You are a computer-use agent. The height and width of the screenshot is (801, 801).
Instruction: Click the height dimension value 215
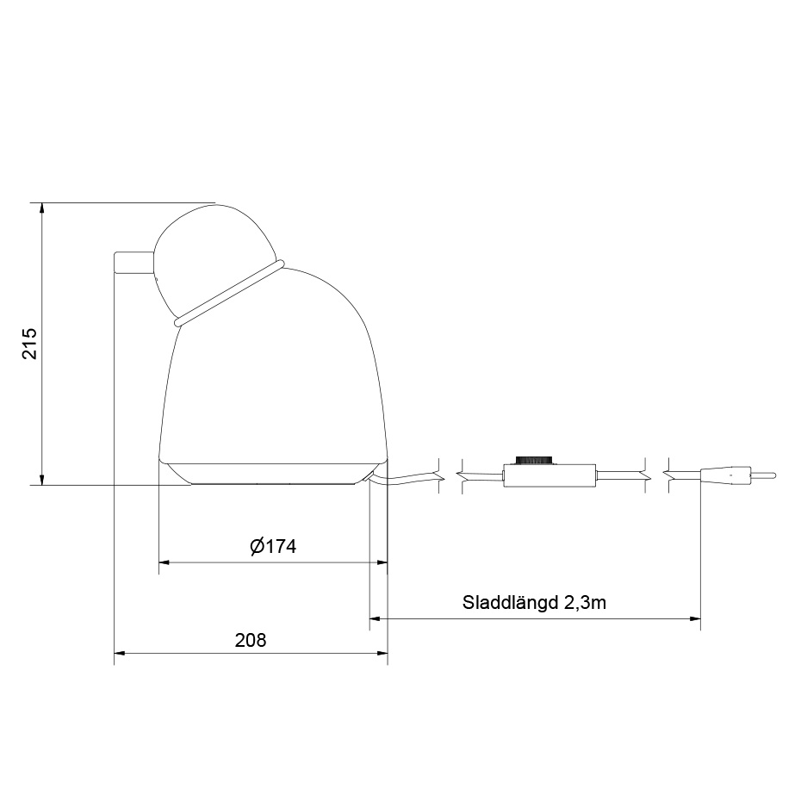(29, 344)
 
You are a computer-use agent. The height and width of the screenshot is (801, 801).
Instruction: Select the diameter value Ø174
(272, 546)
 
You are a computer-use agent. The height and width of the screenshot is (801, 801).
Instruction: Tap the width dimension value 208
(251, 640)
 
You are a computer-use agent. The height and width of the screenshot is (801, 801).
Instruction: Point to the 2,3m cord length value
(585, 602)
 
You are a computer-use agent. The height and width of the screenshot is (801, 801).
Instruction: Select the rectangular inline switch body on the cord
(549, 475)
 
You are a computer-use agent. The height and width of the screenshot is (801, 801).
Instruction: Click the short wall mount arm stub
(134, 263)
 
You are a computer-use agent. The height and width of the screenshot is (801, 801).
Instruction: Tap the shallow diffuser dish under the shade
(271, 474)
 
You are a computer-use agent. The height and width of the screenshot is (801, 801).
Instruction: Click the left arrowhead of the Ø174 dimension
(165, 562)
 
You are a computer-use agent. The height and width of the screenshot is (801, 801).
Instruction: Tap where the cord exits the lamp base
(373, 475)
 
